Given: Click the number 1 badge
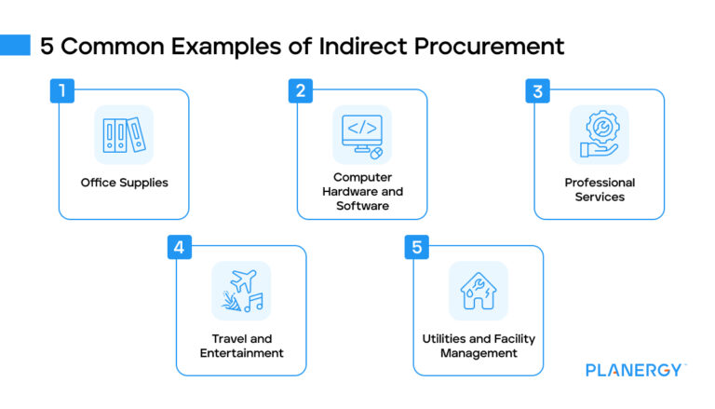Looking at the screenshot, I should pyautogui.click(x=61, y=91).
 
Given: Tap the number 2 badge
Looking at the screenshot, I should pyautogui.click(x=300, y=91).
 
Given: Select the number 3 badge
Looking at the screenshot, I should pyautogui.click(x=537, y=91).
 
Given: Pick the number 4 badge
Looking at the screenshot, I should pyautogui.click(x=180, y=248).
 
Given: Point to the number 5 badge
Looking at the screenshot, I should pyautogui.click(x=417, y=248).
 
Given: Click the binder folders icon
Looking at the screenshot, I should pyautogui.click(x=124, y=134).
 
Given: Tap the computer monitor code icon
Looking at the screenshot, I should pyautogui.click(x=362, y=134).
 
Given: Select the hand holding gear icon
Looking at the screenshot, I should pyautogui.click(x=600, y=134).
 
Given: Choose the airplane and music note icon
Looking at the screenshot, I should pyautogui.click(x=241, y=290).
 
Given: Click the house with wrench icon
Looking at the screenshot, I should pyautogui.click(x=479, y=290).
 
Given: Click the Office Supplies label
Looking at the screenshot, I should pyautogui.click(x=125, y=183).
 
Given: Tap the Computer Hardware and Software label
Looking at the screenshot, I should pyautogui.click(x=362, y=190).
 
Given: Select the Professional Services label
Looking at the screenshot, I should pyautogui.click(x=600, y=190).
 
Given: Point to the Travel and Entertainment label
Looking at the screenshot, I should pyautogui.click(x=241, y=346).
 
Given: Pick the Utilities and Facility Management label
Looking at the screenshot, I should pyautogui.click(x=479, y=346).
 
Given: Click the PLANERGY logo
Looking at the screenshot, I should pyautogui.click(x=636, y=370).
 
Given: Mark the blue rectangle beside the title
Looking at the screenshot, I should pyautogui.click(x=16, y=45).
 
